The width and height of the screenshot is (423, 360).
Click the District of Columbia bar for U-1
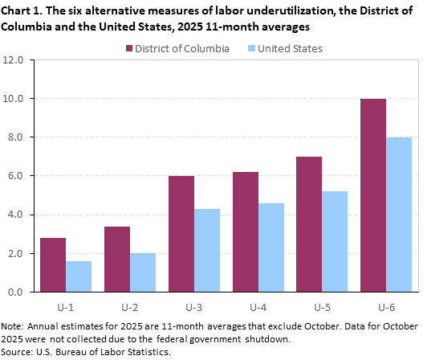pos(53,264)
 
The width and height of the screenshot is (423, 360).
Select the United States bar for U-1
pos(79,276)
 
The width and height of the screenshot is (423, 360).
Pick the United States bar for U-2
pos(143,272)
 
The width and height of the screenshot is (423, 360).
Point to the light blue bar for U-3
pos(206,250)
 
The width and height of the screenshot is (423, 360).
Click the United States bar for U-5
pos(335,241)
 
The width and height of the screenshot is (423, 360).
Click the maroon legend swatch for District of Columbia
pos(129,48)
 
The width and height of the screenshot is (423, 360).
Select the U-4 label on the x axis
pos(258,306)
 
